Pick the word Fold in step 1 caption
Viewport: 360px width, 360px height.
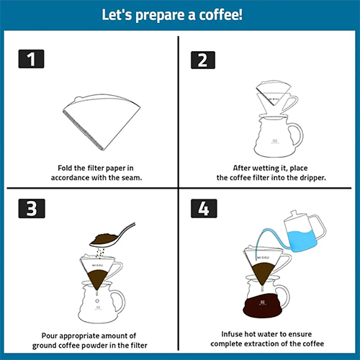[67, 168]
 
